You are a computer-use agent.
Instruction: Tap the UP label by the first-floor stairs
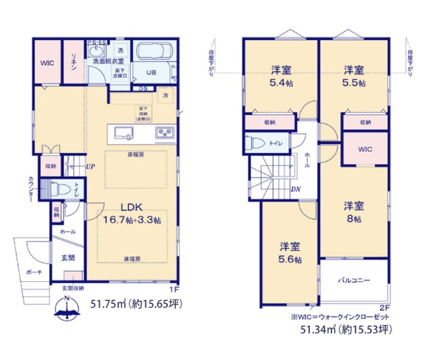click(89, 166)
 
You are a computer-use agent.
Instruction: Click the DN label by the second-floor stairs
click(296, 190)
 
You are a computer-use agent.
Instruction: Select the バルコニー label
click(354, 280)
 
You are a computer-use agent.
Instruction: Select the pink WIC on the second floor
click(365, 149)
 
